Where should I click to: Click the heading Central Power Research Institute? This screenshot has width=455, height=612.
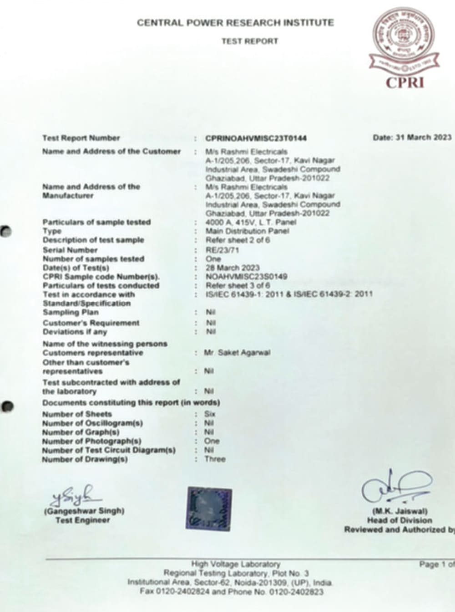[235, 23]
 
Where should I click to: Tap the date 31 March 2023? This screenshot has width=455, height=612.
[412, 138]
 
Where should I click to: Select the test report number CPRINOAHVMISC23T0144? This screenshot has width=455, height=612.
[256, 139]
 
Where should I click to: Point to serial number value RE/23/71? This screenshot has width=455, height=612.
[222, 250]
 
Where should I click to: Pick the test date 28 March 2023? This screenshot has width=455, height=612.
[233, 268]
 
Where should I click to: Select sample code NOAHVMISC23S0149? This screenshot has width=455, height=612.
[247, 277]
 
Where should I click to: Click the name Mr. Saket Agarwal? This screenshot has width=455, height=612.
[237, 353]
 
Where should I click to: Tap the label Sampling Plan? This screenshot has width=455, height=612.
[71, 313]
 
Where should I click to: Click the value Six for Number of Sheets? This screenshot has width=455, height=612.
[210, 414]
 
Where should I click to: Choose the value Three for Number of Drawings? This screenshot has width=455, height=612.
[215, 459]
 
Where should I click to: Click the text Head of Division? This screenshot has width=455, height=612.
[399, 520]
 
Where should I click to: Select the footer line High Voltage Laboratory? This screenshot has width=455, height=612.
[236, 564]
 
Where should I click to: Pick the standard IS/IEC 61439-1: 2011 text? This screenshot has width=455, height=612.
[240, 294]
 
